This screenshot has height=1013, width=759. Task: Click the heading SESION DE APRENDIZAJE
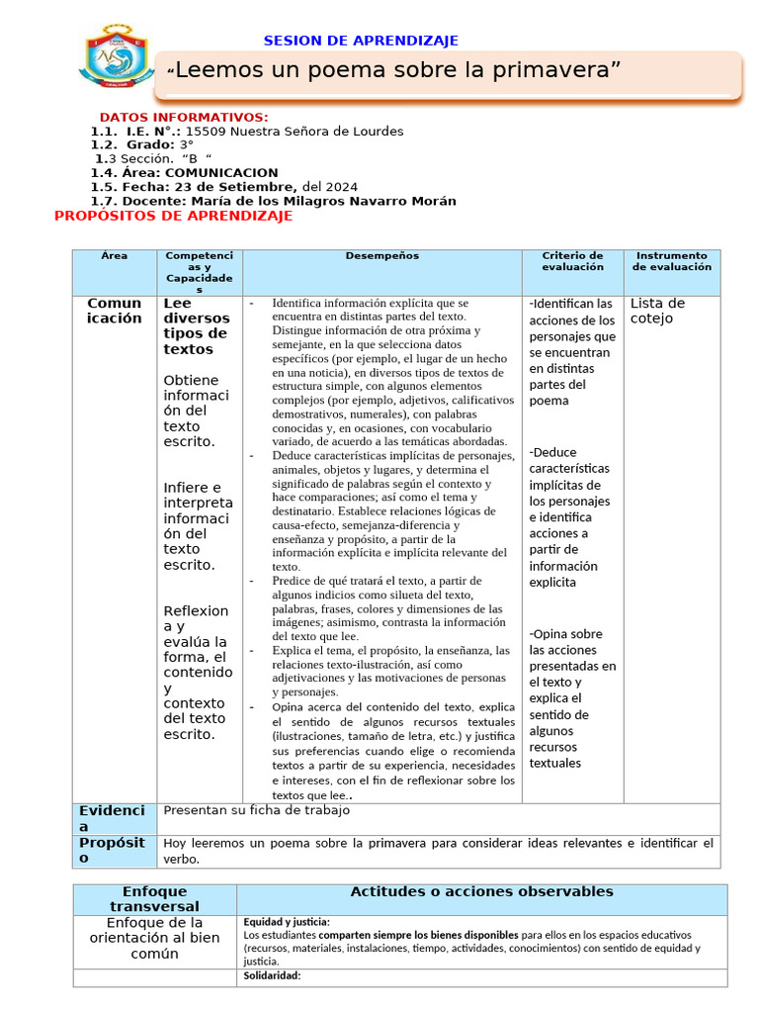point(361,41)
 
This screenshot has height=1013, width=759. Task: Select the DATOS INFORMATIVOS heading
point(184,117)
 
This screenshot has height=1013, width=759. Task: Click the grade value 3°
point(186,145)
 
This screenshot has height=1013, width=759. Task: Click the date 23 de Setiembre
point(232,187)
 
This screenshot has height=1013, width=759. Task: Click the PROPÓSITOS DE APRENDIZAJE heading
point(173,216)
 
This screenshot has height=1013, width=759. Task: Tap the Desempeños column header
point(381,256)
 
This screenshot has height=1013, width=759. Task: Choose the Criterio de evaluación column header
point(572,261)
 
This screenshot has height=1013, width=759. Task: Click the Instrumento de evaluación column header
point(671,261)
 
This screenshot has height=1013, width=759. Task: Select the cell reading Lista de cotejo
point(657,311)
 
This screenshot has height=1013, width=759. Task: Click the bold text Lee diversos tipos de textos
point(196,326)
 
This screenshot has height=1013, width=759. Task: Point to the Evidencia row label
point(112,818)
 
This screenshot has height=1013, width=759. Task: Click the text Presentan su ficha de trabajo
point(256,810)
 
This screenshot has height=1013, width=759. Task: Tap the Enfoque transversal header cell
point(154,899)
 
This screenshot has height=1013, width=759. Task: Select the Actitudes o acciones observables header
point(481,892)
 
